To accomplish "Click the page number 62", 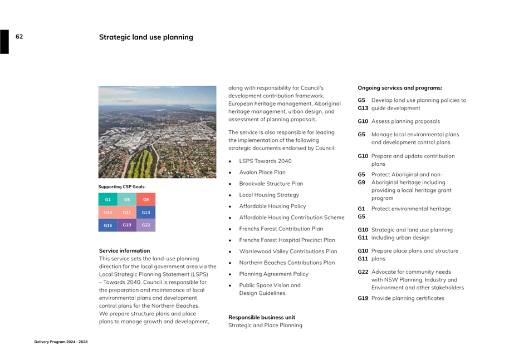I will click(19, 37).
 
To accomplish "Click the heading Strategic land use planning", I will click(146, 37).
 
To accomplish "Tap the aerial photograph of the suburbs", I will click(158, 132).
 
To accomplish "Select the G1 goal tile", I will click(108, 199).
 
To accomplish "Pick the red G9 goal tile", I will click(146, 199).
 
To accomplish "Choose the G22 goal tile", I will click(146, 225).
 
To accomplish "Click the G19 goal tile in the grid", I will click(127, 225).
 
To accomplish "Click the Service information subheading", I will click(124, 251).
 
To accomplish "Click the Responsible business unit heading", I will click(262, 318).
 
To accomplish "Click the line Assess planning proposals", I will click(405, 121).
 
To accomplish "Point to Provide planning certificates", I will click(408, 298).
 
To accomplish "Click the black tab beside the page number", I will click(4, 42).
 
